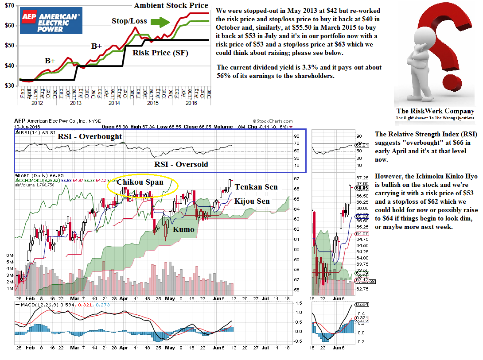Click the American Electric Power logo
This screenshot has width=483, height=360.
click(x=51, y=21)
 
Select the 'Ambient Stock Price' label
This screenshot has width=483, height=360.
click(x=171, y=5)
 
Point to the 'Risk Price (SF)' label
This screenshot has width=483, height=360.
click(x=160, y=53)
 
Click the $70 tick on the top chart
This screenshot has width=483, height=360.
click(x=9, y=5)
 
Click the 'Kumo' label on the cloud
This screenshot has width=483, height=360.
click(x=183, y=229)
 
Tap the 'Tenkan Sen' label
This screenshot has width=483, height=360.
click(x=256, y=187)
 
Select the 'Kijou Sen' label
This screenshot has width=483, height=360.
click(x=252, y=201)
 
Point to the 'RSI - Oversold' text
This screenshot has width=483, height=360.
click(x=181, y=164)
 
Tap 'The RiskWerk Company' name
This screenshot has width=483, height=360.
click(x=435, y=111)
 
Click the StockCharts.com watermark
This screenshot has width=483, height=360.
click(x=273, y=121)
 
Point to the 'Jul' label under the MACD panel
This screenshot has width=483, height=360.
click(x=265, y=348)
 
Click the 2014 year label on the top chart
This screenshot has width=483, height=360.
click(x=114, y=103)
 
